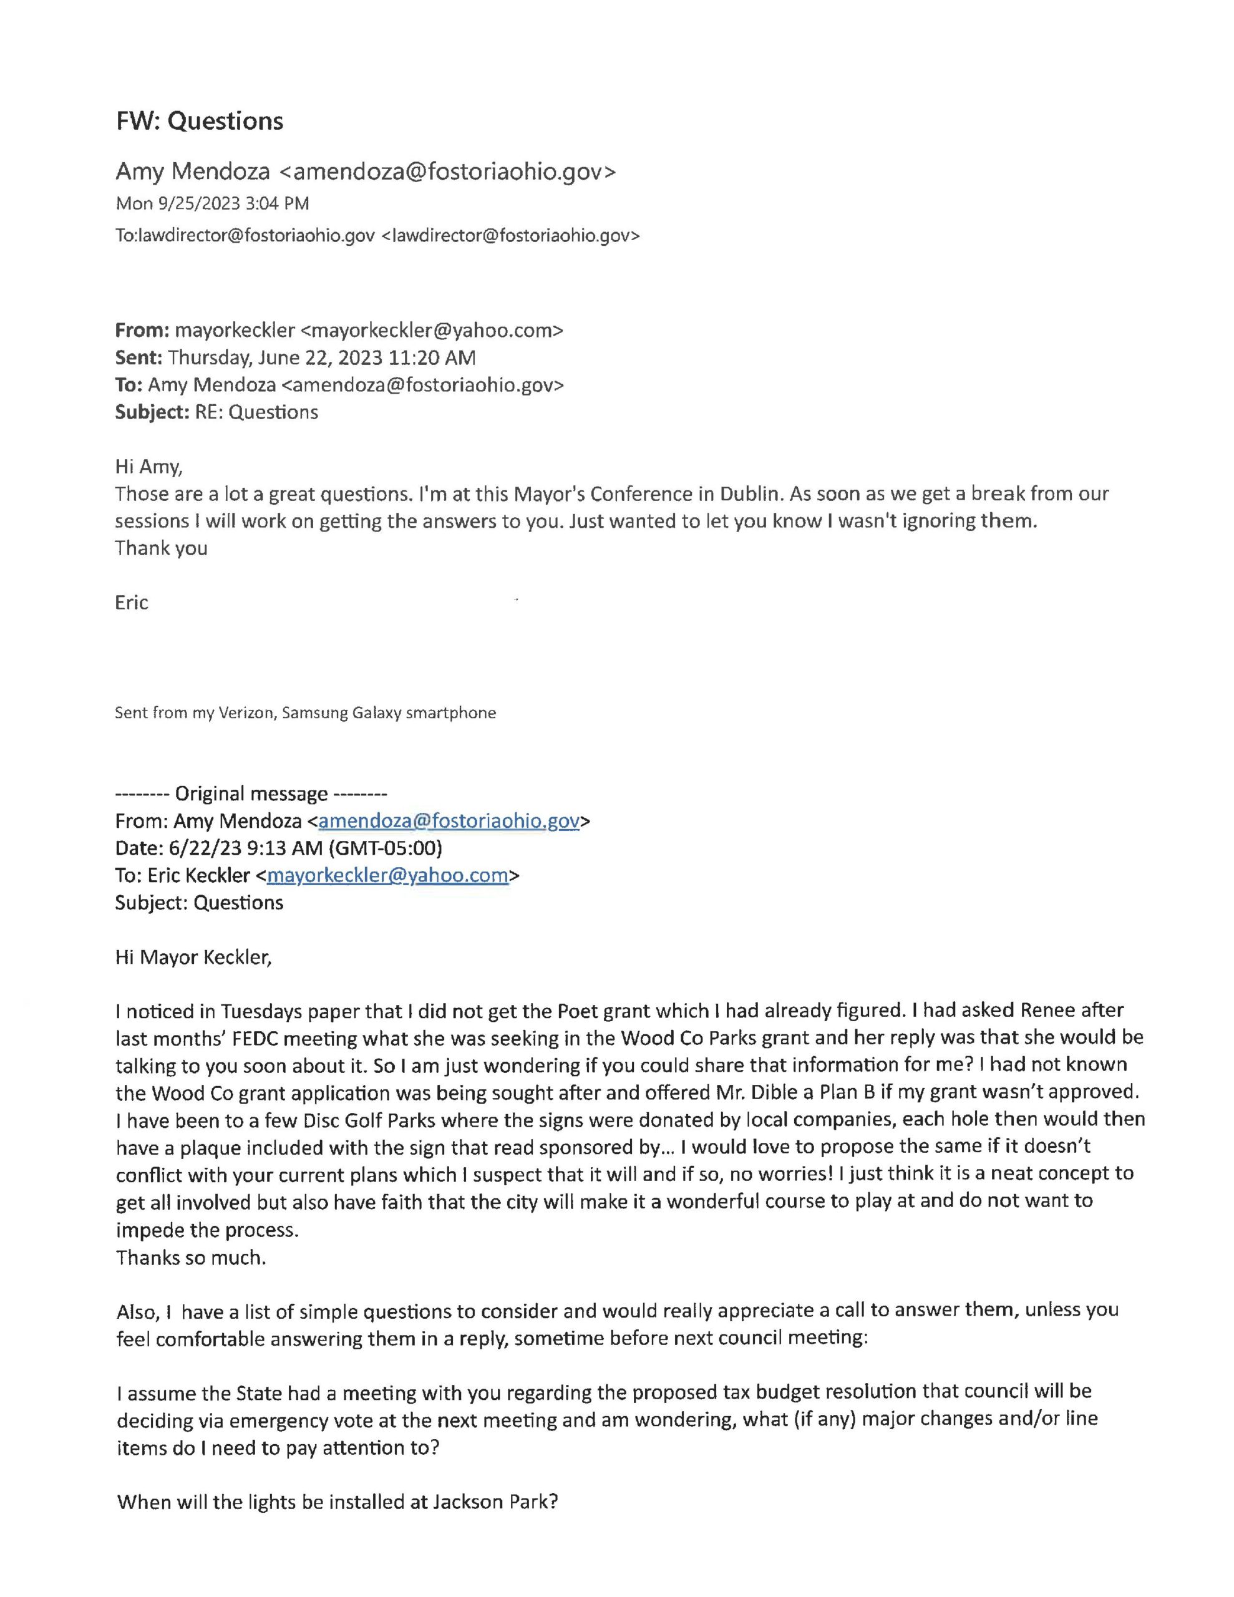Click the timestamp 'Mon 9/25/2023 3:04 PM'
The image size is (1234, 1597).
coord(212,203)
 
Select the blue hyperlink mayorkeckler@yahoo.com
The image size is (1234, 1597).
coord(387,875)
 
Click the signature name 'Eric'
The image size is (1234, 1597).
coord(132,603)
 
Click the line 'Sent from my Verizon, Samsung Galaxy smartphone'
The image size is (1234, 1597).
coord(305,713)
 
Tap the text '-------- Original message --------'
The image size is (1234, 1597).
coord(251,794)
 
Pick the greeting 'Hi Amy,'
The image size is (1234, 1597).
coord(148,467)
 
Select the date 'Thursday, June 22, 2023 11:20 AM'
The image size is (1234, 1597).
coord(322,357)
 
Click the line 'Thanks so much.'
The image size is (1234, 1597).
coord(191,1257)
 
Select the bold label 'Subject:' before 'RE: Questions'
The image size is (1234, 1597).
coord(152,412)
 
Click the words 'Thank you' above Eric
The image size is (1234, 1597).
coord(161,548)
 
